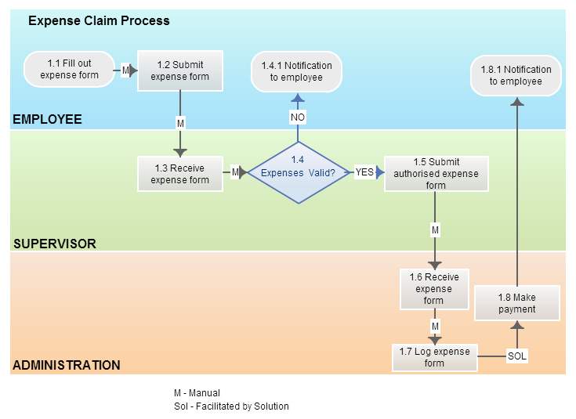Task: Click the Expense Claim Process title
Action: point(99,21)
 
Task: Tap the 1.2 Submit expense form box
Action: point(180,70)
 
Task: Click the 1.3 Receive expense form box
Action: point(180,173)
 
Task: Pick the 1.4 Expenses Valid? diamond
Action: point(298,173)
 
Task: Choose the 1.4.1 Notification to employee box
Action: point(296,71)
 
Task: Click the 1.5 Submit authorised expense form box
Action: point(436,174)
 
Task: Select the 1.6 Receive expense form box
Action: point(433,288)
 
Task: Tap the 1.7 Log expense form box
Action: point(434,357)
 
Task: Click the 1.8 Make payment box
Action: point(517,303)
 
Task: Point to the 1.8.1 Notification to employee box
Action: point(516,75)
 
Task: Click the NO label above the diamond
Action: point(298,117)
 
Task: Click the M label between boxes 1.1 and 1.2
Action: point(125,70)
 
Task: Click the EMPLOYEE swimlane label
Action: point(47,120)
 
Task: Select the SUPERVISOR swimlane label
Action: point(55,244)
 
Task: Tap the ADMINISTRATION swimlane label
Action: point(67,365)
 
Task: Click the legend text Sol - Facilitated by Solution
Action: point(231,406)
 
